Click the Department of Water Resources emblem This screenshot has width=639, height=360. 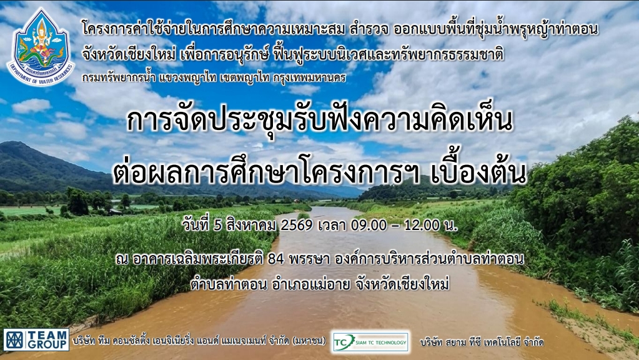coord(41,47)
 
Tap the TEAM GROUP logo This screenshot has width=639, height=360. coord(36,340)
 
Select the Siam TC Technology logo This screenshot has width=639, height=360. coord(370,342)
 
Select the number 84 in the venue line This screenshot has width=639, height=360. coord(276,259)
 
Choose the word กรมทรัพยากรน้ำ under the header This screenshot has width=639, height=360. coord(119,77)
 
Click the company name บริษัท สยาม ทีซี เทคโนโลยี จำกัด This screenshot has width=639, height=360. coord(482,342)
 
